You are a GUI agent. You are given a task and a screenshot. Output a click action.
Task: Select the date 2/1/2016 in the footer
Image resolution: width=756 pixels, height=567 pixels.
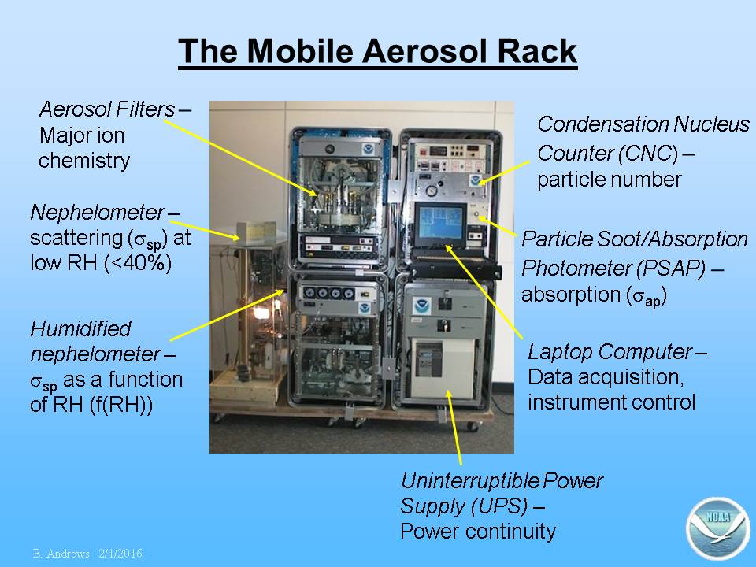coord(120,554)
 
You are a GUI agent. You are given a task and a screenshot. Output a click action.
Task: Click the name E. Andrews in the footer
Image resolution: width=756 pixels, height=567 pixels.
coord(61,554)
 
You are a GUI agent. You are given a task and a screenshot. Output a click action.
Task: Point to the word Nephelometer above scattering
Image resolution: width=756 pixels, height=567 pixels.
coord(98,212)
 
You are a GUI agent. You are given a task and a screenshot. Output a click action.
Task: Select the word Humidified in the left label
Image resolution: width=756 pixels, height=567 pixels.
coord(80,329)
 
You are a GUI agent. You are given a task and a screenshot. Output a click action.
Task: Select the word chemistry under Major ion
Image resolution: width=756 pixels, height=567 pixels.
coord(84,161)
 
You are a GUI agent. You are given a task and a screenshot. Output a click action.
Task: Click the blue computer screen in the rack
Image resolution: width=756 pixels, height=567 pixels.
coord(441,225)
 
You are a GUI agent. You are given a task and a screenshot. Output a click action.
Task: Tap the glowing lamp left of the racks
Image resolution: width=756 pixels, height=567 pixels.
coord(261,313)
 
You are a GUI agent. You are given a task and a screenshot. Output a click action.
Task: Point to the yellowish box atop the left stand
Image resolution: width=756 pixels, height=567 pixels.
coord(257,232)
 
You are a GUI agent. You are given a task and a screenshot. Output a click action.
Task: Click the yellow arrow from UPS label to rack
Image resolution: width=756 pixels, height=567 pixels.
coord(454,428)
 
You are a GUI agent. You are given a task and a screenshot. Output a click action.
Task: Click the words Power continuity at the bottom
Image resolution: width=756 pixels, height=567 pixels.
coord(478,532)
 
